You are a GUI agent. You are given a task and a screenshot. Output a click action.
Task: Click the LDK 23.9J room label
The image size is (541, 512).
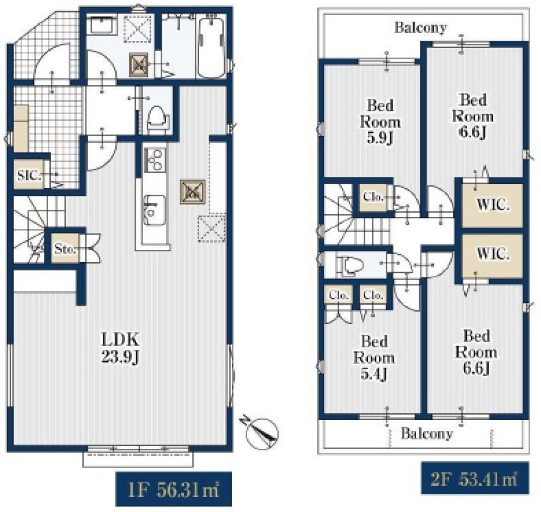(x=121, y=348)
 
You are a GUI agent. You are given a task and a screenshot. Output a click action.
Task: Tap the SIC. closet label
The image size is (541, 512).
(x=29, y=176)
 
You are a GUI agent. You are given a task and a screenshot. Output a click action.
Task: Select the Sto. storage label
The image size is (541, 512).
(x=64, y=248)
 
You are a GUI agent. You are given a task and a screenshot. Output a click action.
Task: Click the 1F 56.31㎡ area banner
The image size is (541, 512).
(x=174, y=489)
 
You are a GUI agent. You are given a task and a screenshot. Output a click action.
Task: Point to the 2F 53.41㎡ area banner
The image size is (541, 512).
(x=475, y=478)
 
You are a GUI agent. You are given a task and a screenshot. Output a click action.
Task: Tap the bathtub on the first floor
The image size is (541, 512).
(x=211, y=47)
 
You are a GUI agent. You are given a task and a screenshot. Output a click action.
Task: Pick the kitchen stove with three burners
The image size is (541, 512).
(x=155, y=160)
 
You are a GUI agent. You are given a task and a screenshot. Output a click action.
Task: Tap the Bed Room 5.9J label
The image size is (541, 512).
(x=380, y=122)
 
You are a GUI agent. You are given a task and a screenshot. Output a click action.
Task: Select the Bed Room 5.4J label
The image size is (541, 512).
(x=374, y=357)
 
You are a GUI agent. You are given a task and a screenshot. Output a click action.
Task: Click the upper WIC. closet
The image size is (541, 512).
(x=492, y=205)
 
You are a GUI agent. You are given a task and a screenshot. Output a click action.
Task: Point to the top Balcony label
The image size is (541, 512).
(x=420, y=28)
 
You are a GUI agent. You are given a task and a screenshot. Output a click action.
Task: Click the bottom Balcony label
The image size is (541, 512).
(x=427, y=434)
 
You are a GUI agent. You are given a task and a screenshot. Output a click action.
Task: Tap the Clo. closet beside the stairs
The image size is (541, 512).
(x=373, y=197)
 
